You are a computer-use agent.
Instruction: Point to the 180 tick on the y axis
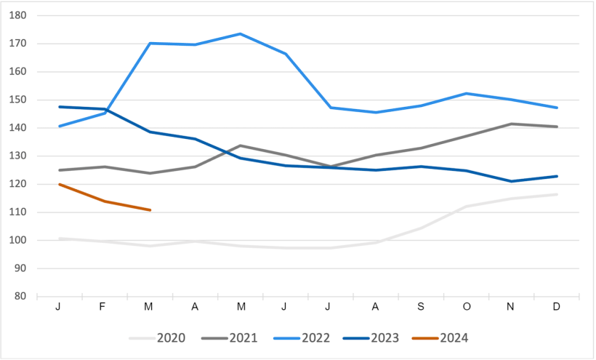pyautogui.click(x=17, y=15)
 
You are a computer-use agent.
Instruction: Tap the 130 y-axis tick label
pyautogui.click(x=17, y=156)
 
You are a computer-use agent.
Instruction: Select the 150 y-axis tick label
pyautogui.click(x=17, y=100)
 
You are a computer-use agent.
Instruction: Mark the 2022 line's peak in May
pyautogui.click(x=240, y=34)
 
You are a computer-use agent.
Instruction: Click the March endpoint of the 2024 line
pyautogui.click(x=150, y=210)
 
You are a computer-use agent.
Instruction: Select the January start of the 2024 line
pyautogui.click(x=59, y=184)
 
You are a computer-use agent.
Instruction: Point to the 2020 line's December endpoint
pyautogui.click(x=557, y=194)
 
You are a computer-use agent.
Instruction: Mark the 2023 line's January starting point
pyautogui.click(x=59, y=107)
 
